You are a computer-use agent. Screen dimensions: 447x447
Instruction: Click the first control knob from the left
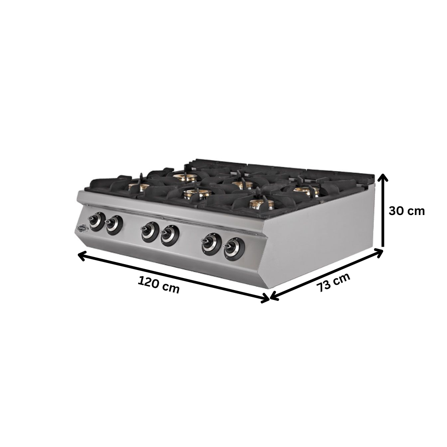[96, 220]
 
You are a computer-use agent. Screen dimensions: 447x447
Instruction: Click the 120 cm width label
[159, 285]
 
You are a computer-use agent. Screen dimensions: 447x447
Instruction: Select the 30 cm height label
[406, 211]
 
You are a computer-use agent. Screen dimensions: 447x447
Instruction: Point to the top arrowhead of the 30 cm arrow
[383, 178]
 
